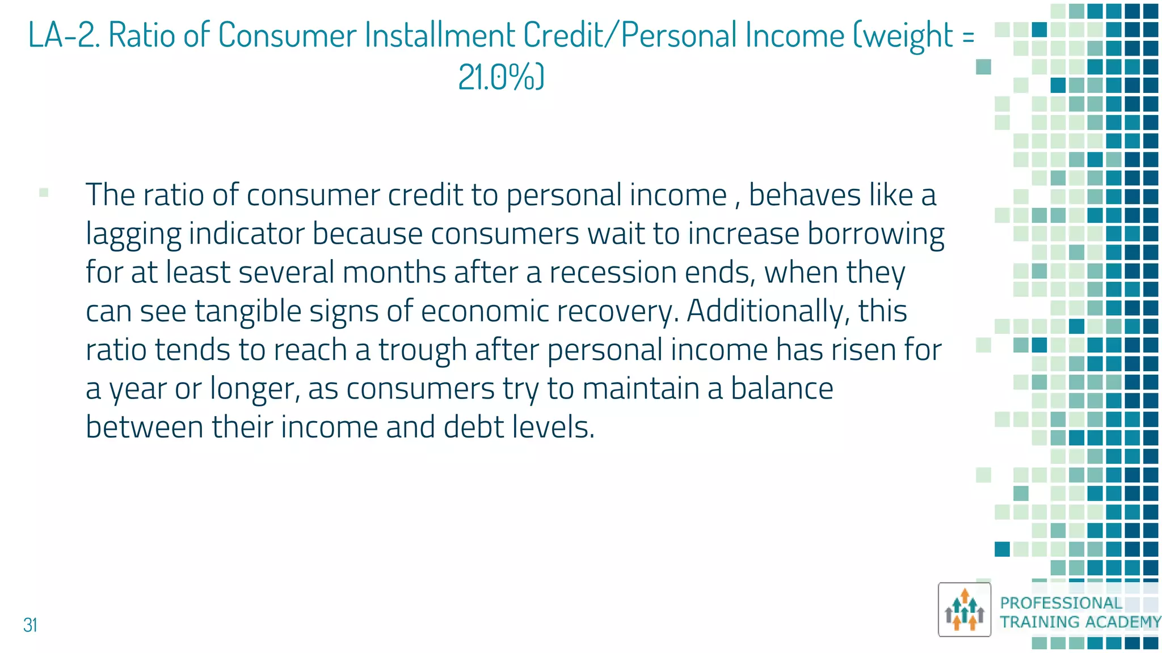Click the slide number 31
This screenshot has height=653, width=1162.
30,625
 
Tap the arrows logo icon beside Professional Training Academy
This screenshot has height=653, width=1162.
964,610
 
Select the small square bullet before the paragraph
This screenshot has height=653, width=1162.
44,193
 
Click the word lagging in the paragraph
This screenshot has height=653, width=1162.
133,234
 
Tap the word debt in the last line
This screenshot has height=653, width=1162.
474,427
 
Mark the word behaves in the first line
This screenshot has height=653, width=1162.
805,196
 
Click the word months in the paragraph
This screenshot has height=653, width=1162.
394,273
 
